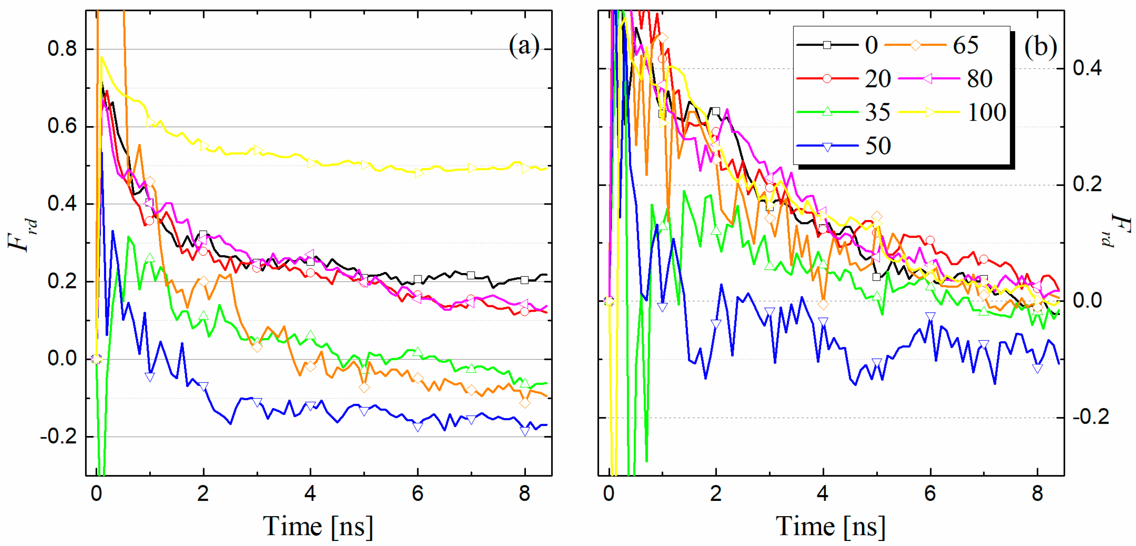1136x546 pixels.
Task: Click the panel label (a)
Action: (524, 46)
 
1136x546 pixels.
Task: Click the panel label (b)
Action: (1040, 47)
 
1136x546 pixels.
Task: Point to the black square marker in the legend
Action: (827, 45)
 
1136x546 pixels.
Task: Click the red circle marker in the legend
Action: (827, 79)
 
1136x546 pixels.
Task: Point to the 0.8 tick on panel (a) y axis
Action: (63, 49)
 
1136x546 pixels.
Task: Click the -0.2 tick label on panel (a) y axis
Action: (59, 436)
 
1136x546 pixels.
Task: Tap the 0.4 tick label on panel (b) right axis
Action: (1087, 68)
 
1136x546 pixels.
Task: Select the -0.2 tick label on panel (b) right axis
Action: (1091, 417)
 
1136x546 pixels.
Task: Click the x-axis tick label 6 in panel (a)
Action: (417, 494)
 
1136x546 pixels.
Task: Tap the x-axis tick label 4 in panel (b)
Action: (822, 494)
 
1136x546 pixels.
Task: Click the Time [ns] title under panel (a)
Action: (318, 526)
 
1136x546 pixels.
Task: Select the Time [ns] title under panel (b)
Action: (830, 526)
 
